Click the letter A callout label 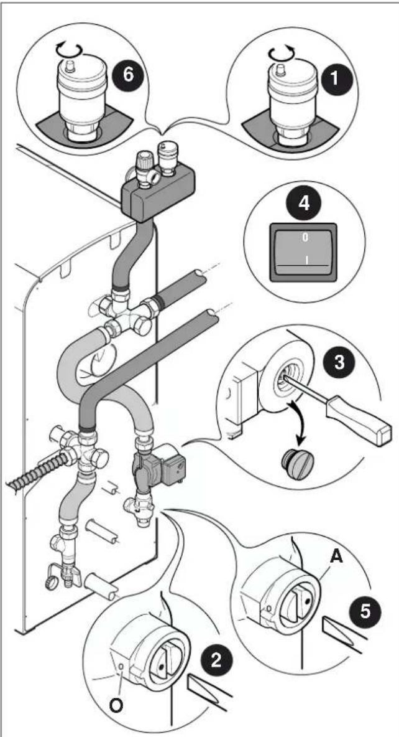coord(336,558)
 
